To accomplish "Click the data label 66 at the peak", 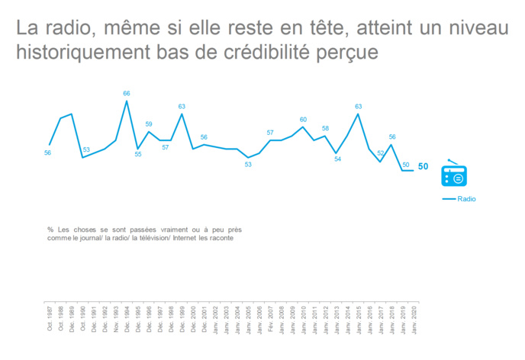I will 127,94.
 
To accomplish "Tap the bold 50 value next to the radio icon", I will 423,168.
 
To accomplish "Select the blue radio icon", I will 456,175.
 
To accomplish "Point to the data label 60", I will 303,120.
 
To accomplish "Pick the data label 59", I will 149,124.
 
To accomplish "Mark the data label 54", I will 337,159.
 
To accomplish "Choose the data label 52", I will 381,153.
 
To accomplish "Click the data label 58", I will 325,129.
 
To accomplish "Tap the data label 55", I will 138,155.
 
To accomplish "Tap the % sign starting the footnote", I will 50,229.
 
